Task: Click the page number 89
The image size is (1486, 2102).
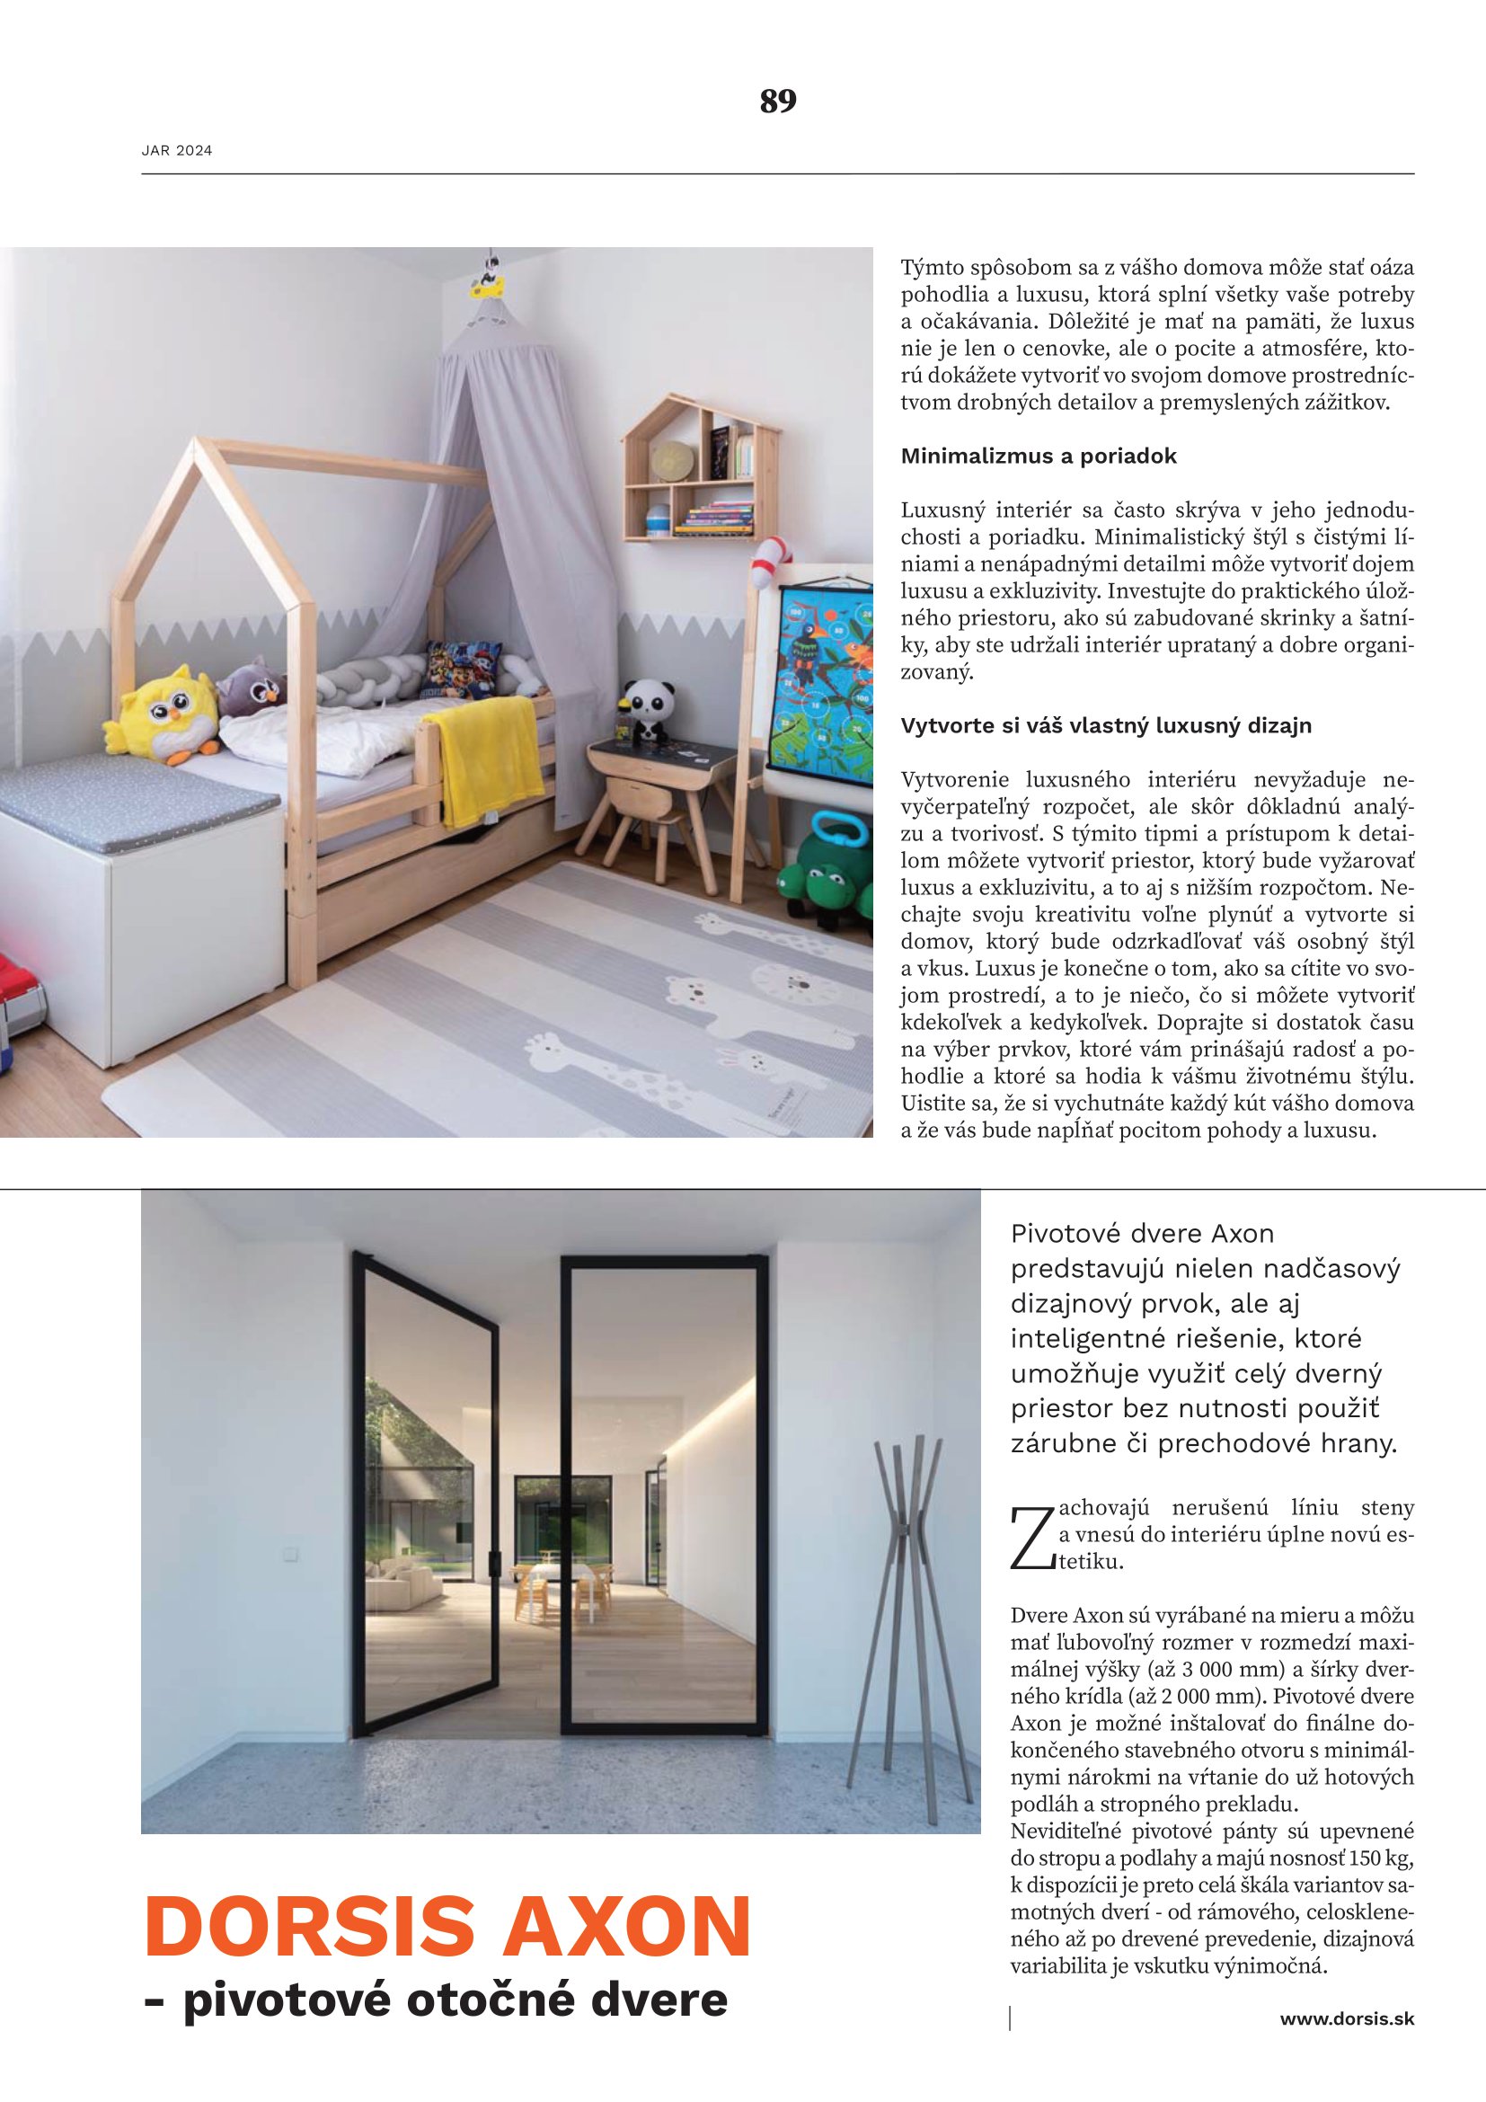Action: click(778, 101)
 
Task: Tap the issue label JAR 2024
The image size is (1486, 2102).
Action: click(177, 151)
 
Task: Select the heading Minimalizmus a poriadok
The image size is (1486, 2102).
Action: click(1039, 456)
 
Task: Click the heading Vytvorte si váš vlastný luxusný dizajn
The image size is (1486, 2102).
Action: click(1106, 726)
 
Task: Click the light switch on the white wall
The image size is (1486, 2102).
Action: click(292, 1552)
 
